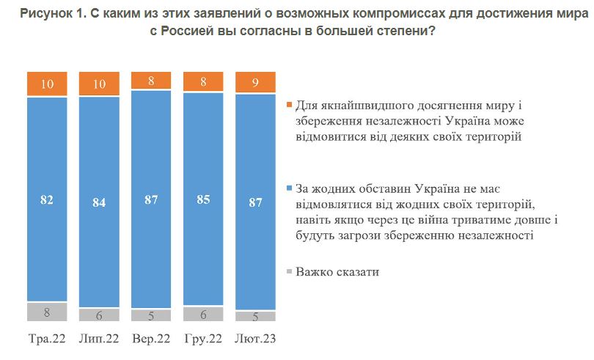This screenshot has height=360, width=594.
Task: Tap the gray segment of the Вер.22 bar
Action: pos(151,315)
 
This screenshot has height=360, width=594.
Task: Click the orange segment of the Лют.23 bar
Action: pos(256,83)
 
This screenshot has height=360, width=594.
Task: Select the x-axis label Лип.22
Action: pos(99,339)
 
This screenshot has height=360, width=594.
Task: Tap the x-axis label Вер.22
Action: pos(151,339)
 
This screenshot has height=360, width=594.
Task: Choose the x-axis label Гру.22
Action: pos(204,339)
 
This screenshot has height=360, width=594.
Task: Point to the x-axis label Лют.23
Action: pos(256,339)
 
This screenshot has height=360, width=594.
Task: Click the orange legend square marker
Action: pos(289,106)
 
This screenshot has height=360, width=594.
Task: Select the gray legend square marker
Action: pos(289,273)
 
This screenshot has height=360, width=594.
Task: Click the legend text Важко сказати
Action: pos(337,273)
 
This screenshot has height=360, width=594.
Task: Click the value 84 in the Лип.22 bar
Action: pos(99,201)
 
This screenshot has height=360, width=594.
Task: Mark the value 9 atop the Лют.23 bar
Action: pos(256,83)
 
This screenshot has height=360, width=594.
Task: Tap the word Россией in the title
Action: pos(196,32)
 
